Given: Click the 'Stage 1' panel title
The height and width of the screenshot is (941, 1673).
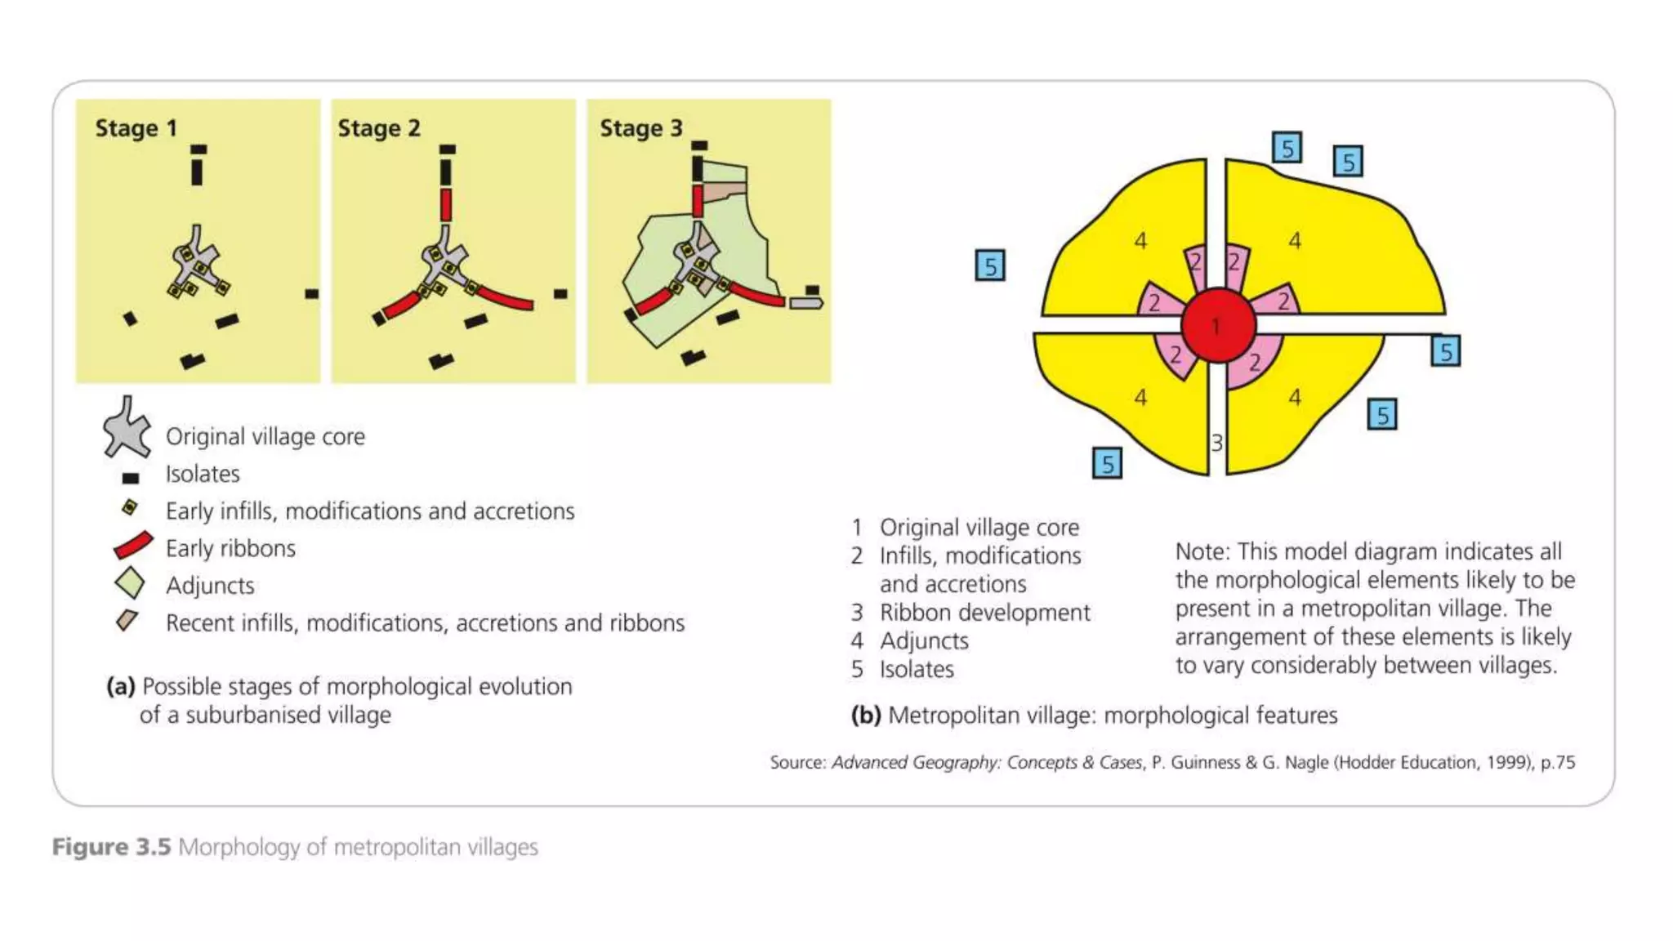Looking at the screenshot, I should point(136,128).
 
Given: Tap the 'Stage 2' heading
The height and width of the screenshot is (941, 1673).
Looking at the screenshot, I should point(379,128).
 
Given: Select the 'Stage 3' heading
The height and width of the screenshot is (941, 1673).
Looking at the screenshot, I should point(640,128).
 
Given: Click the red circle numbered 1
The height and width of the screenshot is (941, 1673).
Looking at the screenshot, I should point(1217,326).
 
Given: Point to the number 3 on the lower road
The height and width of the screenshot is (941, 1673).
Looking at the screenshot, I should point(1216,443).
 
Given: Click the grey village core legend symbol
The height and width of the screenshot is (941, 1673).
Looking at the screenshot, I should point(127,428).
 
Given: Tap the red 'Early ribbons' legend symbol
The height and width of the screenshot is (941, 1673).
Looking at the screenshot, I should point(132,546).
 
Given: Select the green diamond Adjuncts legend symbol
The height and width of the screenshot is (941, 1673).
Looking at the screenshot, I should point(129,584).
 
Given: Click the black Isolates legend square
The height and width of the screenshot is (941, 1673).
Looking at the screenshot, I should point(130,478).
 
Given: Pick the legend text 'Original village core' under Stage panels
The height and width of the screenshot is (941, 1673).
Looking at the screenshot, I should point(265,436).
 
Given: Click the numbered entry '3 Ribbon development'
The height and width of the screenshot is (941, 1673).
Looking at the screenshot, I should point(970,612).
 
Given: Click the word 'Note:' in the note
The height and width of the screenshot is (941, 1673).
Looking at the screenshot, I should point(1202,551).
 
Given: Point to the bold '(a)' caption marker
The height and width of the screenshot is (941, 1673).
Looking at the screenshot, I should point(120,686).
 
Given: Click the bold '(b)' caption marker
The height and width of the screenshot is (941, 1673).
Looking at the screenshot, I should point(865,715).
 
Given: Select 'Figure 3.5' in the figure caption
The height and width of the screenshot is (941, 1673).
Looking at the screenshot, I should point(111,847).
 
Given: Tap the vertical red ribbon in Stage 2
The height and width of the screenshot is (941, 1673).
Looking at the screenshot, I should point(445,204).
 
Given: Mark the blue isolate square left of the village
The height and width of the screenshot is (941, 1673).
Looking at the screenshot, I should point(990,266).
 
